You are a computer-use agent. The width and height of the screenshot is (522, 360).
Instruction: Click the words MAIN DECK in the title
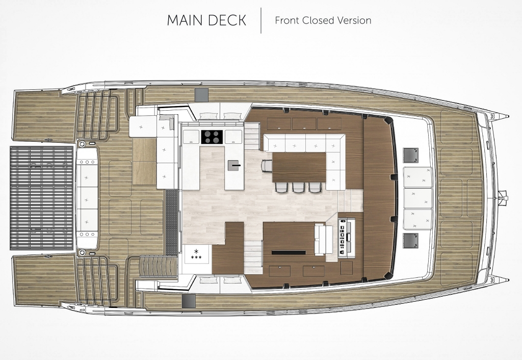(206, 20)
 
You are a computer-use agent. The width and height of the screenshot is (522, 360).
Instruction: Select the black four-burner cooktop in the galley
(212, 137)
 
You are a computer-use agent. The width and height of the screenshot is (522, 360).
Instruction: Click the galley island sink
(234, 165)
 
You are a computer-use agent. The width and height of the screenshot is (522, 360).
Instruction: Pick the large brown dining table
(299, 167)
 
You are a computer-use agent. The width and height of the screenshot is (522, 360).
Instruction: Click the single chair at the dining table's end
(267, 166)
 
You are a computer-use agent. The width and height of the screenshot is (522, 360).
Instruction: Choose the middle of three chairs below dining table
(298, 187)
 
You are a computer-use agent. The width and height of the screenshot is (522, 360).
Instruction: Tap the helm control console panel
(346, 237)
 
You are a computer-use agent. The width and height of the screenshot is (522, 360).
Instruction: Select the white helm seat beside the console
(323, 240)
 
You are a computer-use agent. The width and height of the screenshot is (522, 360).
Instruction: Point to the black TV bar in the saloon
(289, 252)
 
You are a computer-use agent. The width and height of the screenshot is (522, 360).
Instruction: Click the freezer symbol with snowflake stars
(196, 254)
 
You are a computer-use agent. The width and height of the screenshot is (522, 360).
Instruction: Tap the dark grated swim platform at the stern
(42, 198)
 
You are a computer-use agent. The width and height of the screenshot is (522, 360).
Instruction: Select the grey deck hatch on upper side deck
(201, 95)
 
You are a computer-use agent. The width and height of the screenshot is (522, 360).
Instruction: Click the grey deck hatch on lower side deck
(189, 301)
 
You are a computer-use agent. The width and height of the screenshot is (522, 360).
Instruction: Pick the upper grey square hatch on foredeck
(410, 155)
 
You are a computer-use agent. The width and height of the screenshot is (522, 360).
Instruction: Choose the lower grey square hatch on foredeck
(410, 241)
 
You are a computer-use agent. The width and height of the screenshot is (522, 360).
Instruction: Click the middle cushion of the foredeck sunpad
(418, 198)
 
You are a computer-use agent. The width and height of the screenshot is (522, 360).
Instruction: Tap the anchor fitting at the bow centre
(502, 198)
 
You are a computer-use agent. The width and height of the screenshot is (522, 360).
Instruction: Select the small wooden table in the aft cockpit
(144, 161)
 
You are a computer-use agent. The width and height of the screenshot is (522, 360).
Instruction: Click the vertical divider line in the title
(261, 20)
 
